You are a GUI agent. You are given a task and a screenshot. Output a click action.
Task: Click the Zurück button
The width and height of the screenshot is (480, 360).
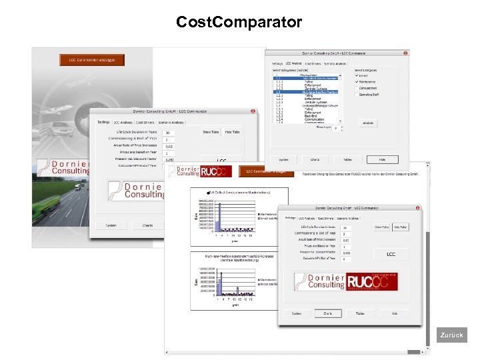coord(451,335)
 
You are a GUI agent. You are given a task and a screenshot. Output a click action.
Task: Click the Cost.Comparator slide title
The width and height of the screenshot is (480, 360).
coord(239,23)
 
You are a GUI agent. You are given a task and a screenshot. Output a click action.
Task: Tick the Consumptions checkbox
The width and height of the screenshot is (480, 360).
coord(357,88)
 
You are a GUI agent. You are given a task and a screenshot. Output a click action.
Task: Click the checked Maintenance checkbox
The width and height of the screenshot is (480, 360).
coord(357,82)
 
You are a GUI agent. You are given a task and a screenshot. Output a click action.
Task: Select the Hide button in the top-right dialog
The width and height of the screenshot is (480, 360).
coord(382,160)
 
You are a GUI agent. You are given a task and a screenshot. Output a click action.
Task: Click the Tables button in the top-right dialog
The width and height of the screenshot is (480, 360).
coord(347,160)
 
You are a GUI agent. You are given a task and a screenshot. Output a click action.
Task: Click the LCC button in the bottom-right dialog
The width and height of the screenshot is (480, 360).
coord(391,254)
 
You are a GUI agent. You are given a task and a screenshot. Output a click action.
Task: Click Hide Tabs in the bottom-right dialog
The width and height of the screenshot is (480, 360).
coord(400,227)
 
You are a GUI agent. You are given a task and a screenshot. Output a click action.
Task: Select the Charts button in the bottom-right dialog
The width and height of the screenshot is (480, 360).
coord(328,313)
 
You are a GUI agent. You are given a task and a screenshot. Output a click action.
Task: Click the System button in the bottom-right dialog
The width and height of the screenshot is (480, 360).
coord(296,313)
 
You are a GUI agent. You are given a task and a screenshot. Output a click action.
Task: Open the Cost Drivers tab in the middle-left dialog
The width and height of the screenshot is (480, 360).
coord(145,123)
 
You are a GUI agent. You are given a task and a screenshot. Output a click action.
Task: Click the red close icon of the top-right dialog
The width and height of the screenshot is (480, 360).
coord(407,52)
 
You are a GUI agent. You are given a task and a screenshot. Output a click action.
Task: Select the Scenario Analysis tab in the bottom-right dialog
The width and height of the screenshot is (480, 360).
coord(348,218)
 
